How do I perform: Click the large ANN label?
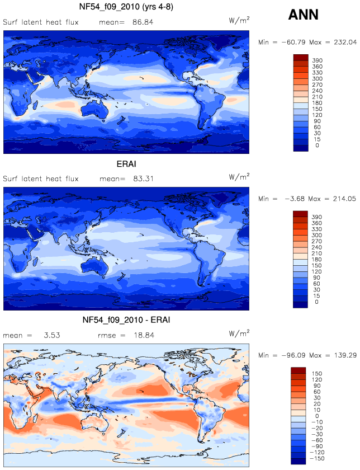[x=303, y=15]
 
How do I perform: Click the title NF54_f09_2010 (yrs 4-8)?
[x=126, y=7]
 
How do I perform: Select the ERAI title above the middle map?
[x=126, y=164]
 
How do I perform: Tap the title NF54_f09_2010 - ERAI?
[x=126, y=320]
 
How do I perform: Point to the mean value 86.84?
[x=143, y=22]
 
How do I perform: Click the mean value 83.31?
[x=143, y=179]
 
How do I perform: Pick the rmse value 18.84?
[x=144, y=335]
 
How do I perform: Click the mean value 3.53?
[x=52, y=335]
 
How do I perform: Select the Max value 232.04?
[x=345, y=43]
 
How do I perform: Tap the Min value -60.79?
[x=293, y=43]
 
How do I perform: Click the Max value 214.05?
[x=344, y=199]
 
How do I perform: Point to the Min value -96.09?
[x=293, y=355]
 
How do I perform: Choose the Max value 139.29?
[x=345, y=355]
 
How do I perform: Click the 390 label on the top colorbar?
[x=317, y=60]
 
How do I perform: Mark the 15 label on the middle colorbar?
[x=316, y=296]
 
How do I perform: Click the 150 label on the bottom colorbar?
[x=316, y=374]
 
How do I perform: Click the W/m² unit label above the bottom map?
[x=239, y=333]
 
